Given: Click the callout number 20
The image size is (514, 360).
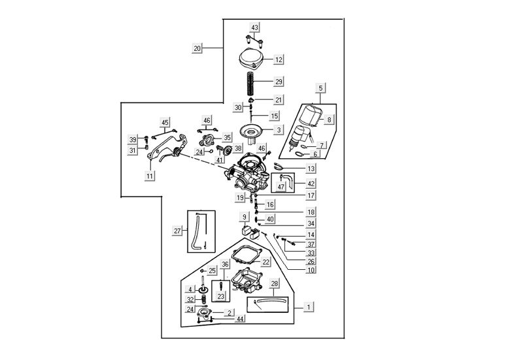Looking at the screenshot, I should [x=197, y=48].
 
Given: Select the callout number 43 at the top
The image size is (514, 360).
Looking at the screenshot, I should [x=254, y=27].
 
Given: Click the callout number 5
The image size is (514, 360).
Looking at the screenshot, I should [x=320, y=88].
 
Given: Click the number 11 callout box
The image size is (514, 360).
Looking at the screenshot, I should [x=150, y=176].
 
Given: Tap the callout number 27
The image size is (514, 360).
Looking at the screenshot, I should [x=177, y=231].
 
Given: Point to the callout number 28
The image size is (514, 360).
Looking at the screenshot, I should [x=275, y=284].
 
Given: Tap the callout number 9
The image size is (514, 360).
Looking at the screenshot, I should [x=245, y=217].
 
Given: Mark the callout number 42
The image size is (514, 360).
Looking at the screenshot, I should [x=311, y=184].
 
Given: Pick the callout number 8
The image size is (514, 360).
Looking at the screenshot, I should [x=330, y=120].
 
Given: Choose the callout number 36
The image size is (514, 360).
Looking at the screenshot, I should [x=225, y=265].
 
